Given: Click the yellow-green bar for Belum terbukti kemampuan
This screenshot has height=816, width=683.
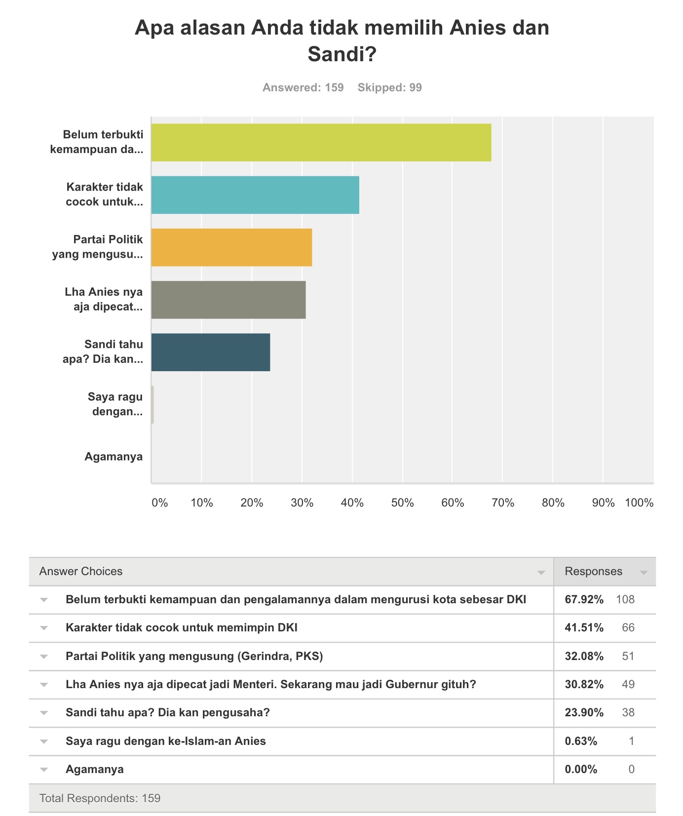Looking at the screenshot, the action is (321, 142).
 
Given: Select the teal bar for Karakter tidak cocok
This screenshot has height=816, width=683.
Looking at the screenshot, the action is (255, 195).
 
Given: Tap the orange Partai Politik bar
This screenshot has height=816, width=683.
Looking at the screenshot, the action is (231, 247).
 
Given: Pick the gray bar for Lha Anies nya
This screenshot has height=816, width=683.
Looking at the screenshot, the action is (228, 300).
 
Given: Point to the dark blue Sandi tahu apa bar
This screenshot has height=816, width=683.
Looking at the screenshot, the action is (211, 352).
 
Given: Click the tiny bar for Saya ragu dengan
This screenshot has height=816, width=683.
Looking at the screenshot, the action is (153, 405).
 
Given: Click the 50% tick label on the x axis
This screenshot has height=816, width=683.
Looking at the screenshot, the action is (402, 503).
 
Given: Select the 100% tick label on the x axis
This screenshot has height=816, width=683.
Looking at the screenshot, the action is (639, 503).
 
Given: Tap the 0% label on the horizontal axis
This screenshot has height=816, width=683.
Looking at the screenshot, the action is (160, 503).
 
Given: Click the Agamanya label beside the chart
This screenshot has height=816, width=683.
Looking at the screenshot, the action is (114, 457).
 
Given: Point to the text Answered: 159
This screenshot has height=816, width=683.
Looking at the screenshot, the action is (303, 87).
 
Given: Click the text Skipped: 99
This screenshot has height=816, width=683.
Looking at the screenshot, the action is (390, 87).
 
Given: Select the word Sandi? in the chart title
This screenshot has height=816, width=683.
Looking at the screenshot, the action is (342, 54).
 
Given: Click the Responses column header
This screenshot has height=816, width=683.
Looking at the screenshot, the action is (594, 571).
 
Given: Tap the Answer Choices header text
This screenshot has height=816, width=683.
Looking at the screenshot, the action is (81, 571).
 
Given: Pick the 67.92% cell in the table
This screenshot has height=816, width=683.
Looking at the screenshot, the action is (584, 599).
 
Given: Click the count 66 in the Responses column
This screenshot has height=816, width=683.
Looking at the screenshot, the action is (628, 627).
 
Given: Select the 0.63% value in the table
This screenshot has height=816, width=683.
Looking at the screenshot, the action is (581, 741).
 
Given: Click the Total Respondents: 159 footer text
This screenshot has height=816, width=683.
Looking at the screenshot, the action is (100, 798).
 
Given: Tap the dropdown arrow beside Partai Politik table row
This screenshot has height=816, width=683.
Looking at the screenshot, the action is (44, 657).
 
